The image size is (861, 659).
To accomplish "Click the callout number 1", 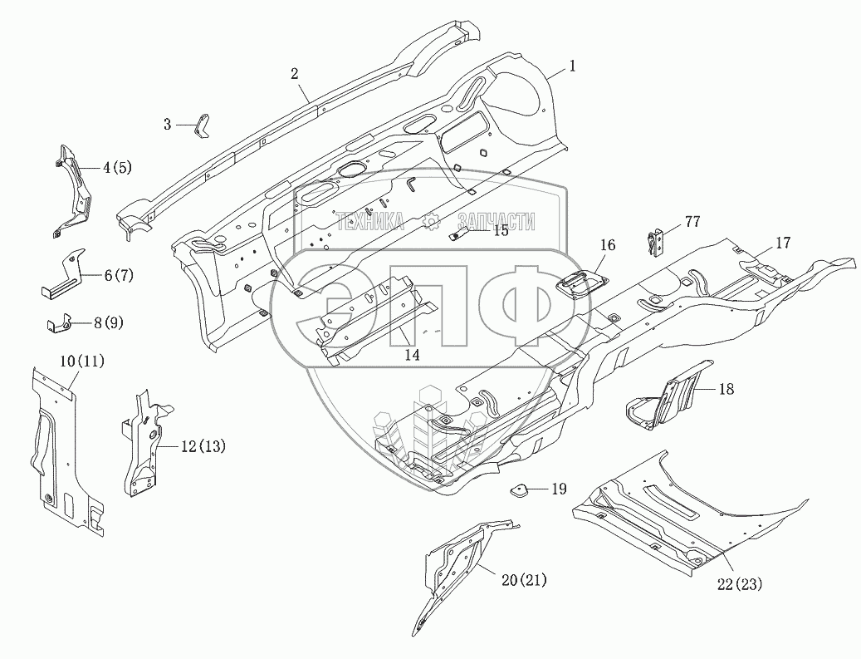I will pos(571,65).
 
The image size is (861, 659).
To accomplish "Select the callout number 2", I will pos(295,73).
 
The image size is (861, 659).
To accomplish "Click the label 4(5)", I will pos(117,166).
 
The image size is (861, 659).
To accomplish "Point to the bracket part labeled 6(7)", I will pos(65,275).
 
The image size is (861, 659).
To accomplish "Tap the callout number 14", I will pos(412,355).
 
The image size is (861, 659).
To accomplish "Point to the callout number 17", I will pos(782,243).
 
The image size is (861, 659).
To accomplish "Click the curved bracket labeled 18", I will pos(664,399).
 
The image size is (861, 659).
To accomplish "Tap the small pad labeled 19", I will pos(521,489).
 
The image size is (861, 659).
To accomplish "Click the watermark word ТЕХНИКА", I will pos(369,220).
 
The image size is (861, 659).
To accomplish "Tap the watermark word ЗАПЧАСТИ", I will pos(496,220).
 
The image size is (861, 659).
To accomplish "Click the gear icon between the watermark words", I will pos(430,220).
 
